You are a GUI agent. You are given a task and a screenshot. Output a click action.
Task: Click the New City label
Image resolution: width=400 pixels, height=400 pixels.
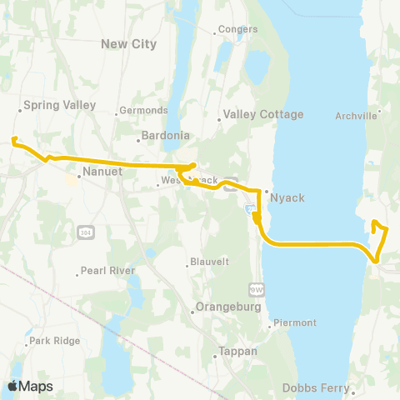point(128,43)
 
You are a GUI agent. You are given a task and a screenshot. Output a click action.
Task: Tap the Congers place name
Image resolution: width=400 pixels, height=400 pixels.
point(238,30)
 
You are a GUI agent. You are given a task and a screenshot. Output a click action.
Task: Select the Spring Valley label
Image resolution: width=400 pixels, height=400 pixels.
point(60,106)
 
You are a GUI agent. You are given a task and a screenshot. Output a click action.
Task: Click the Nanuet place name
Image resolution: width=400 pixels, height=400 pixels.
point(103,172)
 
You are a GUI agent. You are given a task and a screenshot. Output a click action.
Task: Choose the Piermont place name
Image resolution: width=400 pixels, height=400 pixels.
point(293,322)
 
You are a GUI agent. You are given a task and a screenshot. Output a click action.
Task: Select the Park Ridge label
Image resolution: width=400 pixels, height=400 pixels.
point(53,341)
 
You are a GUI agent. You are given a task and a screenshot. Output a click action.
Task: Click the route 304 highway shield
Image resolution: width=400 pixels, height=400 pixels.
point(86,230)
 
